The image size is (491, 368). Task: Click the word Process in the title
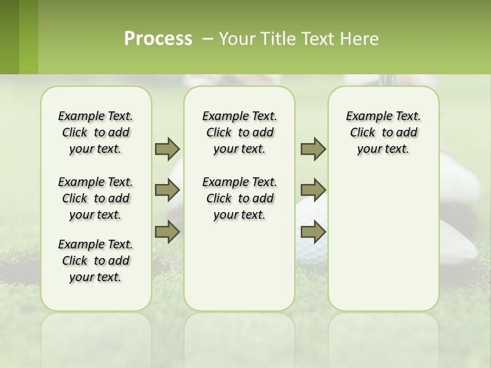pyautogui.click(x=158, y=39)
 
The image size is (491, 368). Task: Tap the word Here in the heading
pyautogui.click(x=360, y=39)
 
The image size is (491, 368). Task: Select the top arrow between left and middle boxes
pyautogui.click(x=167, y=149)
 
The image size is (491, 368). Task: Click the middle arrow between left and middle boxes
pyautogui.click(x=167, y=190)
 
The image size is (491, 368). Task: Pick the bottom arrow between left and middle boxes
pyautogui.click(x=167, y=232)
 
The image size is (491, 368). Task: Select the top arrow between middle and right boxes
pyautogui.click(x=313, y=149)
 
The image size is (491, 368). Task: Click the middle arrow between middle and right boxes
pyautogui.click(x=313, y=190)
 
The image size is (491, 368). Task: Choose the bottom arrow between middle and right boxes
pyautogui.click(x=313, y=232)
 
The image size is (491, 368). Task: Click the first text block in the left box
pyautogui.click(x=96, y=132)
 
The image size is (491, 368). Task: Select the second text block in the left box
pyautogui.click(x=96, y=198)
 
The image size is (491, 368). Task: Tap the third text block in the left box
pyautogui.click(x=96, y=261)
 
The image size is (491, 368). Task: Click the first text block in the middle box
pyautogui.click(x=239, y=132)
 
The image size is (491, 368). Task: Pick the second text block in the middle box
pyautogui.click(x=239, y=198)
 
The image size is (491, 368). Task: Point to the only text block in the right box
pyautogui.click(x=383, y=132)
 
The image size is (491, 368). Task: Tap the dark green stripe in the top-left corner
pyautogui.click(x=9, y=37)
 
